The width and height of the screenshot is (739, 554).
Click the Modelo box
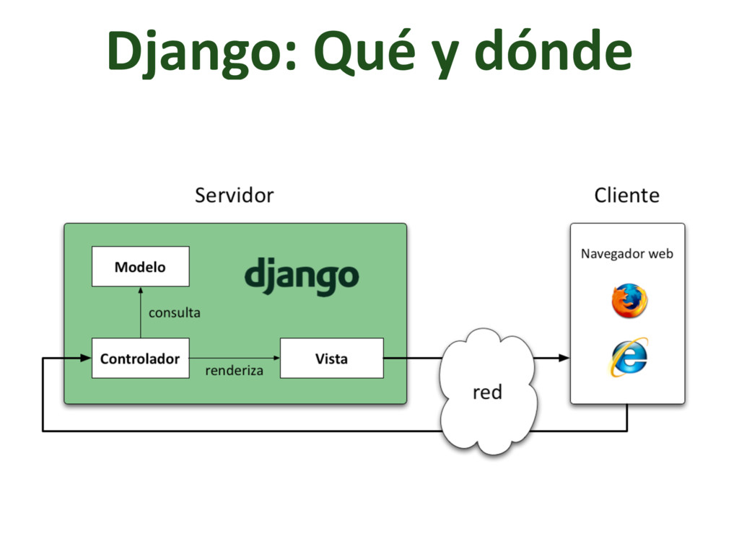[140, 267]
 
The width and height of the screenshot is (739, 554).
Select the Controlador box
[140, 358]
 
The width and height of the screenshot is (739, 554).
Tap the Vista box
[331, 358]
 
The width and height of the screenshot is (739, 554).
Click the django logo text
[301, 276]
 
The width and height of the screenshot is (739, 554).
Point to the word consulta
[174, 313]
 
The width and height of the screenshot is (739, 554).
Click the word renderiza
[234, 371]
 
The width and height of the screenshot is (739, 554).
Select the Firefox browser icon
[629, 301]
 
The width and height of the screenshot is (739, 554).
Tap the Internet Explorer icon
[629, 357]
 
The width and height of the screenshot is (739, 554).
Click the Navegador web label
[626, 254]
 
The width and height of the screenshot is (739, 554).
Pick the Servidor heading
[234, 195]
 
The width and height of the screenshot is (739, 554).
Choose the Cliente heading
[626, 195]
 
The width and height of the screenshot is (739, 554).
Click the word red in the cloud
[487, 392]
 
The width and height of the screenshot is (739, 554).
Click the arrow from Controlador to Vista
[235, 358]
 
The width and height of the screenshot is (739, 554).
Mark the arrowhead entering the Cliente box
[564, 358]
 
